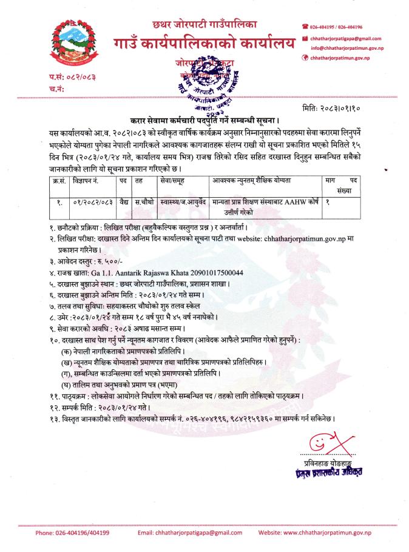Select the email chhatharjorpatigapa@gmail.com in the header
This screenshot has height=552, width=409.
(351, 38)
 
